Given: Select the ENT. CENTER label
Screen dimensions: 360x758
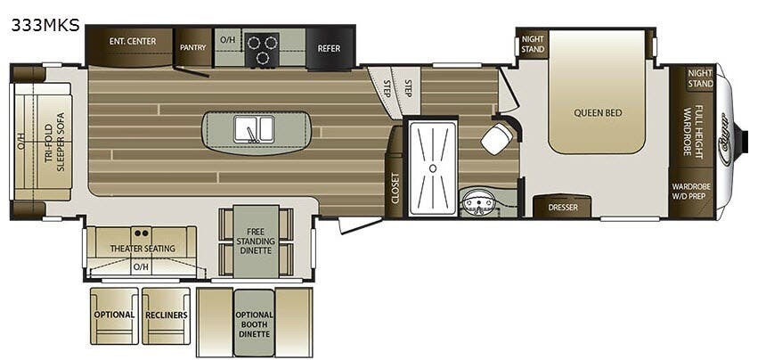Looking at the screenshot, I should point(133,41).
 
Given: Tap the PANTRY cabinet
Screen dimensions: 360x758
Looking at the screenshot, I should point(193,47).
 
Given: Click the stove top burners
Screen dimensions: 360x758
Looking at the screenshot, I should point(262,50).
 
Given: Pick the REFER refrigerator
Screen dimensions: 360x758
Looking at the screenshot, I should point(329,48).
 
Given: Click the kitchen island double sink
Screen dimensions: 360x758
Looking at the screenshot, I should point(255,129).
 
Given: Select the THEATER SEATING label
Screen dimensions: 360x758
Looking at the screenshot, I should point(141,248).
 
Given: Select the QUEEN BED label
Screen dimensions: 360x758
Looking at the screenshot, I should point(597,113).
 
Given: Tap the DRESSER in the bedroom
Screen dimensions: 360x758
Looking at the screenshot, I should point(562,207).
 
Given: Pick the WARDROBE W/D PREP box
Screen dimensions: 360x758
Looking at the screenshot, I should point(691,193).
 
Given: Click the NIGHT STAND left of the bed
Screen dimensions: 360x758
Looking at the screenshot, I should point(533,45).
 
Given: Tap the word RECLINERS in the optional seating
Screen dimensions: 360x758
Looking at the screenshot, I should point(167,315).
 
